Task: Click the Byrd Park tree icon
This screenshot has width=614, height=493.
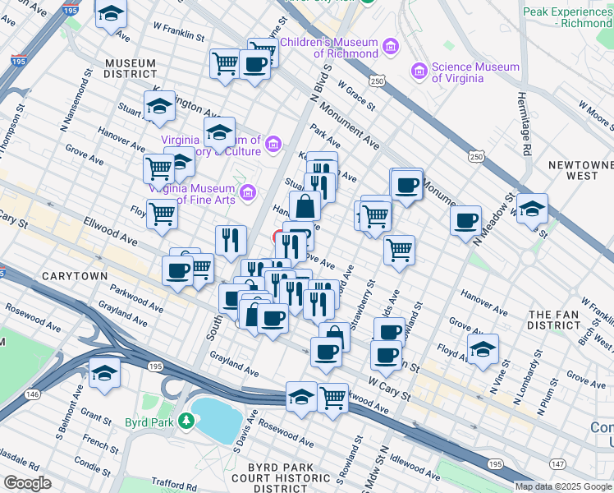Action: click(187, 422)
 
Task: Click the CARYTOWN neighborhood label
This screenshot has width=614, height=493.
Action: click(74, 276)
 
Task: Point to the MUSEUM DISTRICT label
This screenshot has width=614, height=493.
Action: click(131, 69)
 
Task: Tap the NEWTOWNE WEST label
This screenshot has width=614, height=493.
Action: click(573, 170)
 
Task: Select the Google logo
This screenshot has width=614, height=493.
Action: click(27, 483)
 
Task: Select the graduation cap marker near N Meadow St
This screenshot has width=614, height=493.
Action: click(532, 209)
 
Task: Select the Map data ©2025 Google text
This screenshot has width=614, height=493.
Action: click(563, 486)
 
